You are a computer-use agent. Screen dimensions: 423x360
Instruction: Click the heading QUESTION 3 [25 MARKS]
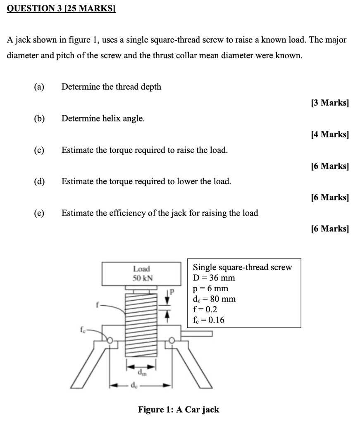pyautogui.click(x=61, y=8)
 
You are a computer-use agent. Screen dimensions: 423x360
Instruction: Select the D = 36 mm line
pyautogui.click(x=214, y=278)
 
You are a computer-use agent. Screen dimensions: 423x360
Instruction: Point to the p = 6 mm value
pyautogui.click(x=210, y=288)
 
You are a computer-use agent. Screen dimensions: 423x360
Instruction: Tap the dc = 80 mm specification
pyautogui.click(x=214, y=299)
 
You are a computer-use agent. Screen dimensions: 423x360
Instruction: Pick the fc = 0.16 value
pyautogui.click(x=208, y=319)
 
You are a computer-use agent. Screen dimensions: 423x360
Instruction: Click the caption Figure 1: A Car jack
pyautogui.click(x=179, y=410)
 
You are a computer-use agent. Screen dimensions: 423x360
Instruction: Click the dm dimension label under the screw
pyautogui.click(x=142, y=373)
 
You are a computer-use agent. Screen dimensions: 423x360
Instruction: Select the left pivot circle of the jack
pyautogui.click(x=110, y=340)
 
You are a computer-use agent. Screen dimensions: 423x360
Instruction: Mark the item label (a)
pyautogui.click(x=39, y=87)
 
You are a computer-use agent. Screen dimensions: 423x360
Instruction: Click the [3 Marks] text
pyautogui.click(x=329, y=103)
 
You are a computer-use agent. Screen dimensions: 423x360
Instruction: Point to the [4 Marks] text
pyautogui.click(x=329, y=134)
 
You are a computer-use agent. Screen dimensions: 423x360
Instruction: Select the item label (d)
pyautogui.click(x=39, y=181)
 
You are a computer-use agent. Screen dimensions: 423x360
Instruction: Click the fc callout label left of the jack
pyautogui.click(x=83, y=330)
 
